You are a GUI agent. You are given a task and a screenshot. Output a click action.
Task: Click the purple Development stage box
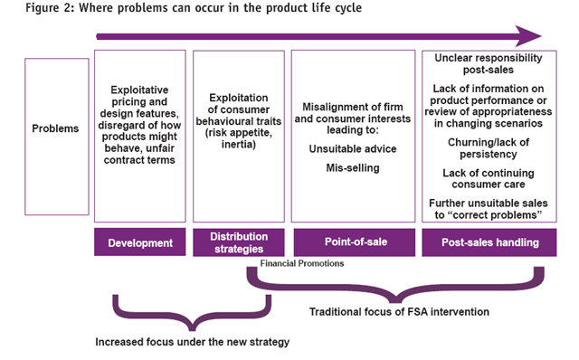click(x=140, y=242)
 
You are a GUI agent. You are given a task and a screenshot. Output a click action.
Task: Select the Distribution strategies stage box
click(x=239, y=242)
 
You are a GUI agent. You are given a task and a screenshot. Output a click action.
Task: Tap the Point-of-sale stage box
click(x=355, y=242)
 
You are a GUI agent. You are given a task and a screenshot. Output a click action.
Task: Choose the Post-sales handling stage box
click(x=489, y=242)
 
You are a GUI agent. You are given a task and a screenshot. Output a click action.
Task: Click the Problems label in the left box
click(x=55, y=128)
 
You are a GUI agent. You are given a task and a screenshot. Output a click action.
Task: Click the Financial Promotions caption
click(x=302, y=263)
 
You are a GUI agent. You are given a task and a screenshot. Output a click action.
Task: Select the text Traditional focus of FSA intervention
click(x=399, y=312)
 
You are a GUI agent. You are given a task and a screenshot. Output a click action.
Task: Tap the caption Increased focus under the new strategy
click(x=193, y=342)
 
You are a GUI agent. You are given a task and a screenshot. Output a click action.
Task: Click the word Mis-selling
click(x=353, y=168)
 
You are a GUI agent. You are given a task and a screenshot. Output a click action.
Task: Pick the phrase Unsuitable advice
click(x=353, y=149)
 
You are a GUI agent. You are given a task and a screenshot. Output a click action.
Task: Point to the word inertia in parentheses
click(x=237, y=144)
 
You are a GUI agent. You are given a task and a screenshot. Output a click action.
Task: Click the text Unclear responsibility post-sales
click(x=489, y=63)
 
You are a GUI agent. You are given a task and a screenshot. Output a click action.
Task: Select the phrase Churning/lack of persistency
click(x=489, y=148)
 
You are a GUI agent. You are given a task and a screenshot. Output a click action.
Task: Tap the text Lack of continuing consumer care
click(x=489, y=179)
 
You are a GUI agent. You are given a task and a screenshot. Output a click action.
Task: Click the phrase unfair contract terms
click(x=139, y=154)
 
